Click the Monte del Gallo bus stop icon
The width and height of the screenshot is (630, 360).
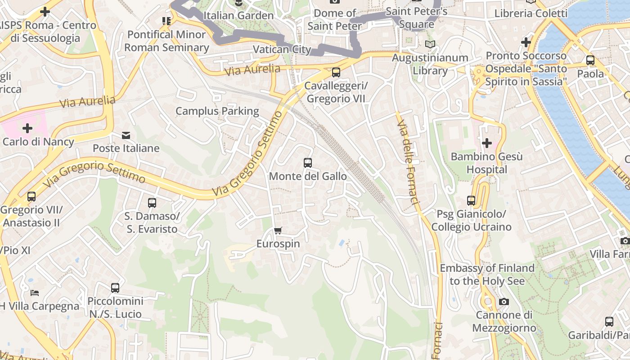point(308,163)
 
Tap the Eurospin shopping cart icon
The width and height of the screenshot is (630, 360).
point(278,231)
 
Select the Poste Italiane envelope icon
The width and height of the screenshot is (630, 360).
point(126,135)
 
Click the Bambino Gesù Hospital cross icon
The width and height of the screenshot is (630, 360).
point(486,144)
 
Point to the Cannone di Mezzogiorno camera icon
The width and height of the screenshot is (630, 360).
point(504,301)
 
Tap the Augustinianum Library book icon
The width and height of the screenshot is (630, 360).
point(430,45)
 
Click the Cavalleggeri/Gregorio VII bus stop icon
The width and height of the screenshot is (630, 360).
point(336,72)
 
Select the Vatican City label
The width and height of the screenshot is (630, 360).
point(282,49)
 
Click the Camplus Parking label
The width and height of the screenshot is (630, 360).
point(217,111)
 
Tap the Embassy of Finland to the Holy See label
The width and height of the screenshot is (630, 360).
point(487,274)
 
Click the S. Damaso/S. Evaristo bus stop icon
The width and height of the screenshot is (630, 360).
point(152,203)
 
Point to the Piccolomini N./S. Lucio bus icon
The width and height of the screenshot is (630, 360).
point(115,288)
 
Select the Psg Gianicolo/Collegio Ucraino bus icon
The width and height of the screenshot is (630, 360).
point(471,200)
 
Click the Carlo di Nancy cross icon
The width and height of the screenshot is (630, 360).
point(27,128)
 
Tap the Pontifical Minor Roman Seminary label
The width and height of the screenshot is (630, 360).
point(166,41)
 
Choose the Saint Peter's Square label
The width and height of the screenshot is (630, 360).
point(417,17)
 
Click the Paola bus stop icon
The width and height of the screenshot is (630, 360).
point(590,60)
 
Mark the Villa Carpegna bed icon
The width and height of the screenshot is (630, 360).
point(35,293)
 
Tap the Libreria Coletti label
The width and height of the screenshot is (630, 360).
point(531,13)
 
